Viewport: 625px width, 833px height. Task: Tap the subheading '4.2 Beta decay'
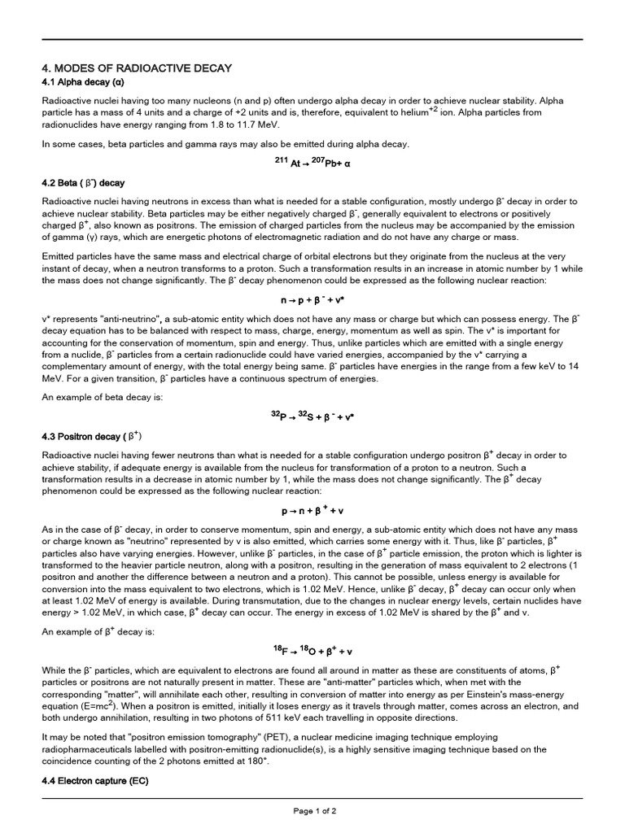pyautogui.click(x=84, y=182)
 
